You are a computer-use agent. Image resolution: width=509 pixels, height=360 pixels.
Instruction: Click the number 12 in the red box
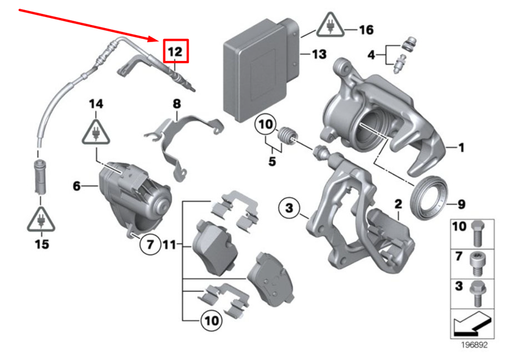175,52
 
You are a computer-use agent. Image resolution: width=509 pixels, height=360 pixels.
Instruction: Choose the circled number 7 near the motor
150,244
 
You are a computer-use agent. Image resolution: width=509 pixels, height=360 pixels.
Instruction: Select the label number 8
177,104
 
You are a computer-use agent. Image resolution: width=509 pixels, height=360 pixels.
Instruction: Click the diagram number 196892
473,345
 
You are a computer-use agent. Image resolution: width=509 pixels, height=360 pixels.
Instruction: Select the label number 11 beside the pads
169,245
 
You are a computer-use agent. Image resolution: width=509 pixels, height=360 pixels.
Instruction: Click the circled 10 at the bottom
210,320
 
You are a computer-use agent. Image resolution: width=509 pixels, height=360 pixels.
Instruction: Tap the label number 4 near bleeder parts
372,54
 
